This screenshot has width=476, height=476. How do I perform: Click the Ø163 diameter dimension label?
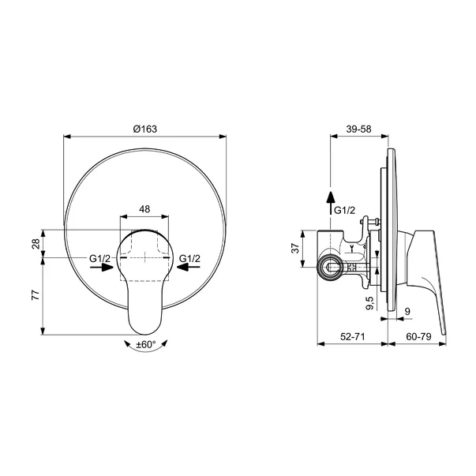[145, 129]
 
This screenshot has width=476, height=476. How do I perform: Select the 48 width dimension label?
[144, 209]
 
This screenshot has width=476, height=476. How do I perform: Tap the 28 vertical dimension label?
[36, 243]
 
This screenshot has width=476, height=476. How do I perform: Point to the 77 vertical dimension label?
[36, 295]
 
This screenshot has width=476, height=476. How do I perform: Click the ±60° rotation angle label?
[146, 344]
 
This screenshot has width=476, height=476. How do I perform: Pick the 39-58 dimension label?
[359, 129]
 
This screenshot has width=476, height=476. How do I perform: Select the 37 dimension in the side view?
[296, 249]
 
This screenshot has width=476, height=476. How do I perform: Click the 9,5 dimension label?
[370, 302]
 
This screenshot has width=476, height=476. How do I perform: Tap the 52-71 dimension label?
[352, 336]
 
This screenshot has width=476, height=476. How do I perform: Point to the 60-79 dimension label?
[418, 336]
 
